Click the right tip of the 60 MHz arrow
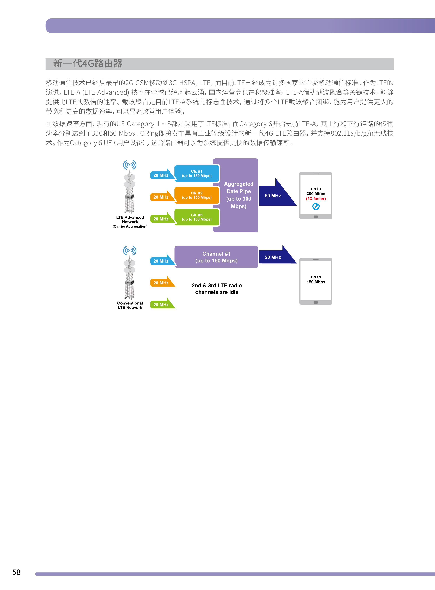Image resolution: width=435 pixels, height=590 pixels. click(297, 205)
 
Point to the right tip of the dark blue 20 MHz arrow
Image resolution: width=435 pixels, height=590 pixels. click(297, 263)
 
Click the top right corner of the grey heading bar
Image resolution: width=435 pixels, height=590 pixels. click(393, 58)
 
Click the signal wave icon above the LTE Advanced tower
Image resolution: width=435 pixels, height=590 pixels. click(130, 165)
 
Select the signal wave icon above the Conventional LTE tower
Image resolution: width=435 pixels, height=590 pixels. click(130, 251)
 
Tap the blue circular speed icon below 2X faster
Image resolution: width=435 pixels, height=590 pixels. click(316, 207)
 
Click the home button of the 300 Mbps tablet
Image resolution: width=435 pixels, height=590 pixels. click(316, 217)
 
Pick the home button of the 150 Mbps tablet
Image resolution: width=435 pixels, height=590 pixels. click(316, 303)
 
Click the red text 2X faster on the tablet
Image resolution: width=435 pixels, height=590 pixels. click(316, 199)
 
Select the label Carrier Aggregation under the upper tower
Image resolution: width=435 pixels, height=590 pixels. click(130, 227)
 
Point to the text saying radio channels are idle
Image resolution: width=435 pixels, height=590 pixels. click(217, 289)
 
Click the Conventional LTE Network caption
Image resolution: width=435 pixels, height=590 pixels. click(130, 305)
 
